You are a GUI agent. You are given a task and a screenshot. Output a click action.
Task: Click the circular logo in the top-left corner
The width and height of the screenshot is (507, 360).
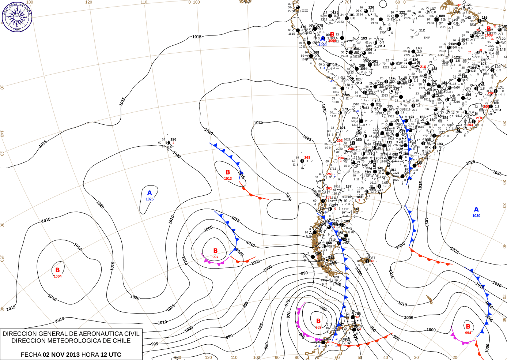coord(17,16)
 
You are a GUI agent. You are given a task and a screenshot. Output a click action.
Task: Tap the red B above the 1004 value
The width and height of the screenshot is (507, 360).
coord(57,270)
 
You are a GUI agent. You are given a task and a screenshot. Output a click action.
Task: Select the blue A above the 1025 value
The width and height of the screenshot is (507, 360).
coord(150,193)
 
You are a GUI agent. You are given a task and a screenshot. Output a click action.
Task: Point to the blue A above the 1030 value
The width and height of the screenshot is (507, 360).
coord(476,210)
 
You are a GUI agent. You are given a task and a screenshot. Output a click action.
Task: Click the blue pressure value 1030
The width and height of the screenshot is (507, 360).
coord(476,216)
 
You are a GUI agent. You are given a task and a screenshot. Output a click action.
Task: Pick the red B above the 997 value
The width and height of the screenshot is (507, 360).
coord(215,251)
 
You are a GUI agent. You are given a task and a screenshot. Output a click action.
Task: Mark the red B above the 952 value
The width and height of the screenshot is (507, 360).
coord(318,321)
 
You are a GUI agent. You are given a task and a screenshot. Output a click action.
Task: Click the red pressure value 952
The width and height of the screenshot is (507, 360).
coord(318,327)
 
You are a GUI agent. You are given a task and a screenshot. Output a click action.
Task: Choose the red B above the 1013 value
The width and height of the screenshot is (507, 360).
coord(228,172)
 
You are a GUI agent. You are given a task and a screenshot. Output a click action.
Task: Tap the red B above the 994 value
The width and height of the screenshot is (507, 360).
coord(468,327)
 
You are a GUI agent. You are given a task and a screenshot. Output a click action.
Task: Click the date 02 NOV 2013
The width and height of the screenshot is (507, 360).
coord(61,355)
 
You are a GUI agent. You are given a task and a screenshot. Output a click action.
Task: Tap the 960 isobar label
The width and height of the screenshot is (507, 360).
coord(323,309)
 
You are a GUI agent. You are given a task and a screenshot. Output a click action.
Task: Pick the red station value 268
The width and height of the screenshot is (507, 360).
coord(307,158)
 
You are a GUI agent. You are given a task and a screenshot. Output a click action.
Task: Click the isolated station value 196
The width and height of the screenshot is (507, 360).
coord(173,139)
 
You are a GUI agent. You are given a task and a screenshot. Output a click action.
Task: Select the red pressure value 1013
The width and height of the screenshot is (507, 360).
coord(228,179)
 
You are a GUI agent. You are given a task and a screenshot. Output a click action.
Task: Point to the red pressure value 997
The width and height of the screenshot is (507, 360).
coord(215,257)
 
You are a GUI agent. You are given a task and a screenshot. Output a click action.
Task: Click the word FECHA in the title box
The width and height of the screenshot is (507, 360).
coord(31,355)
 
